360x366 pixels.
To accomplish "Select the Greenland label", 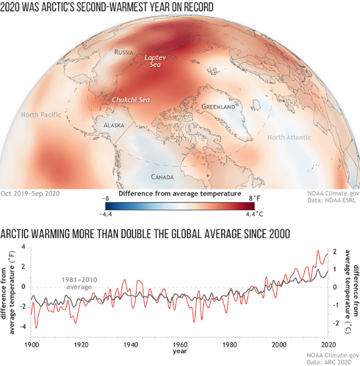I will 218,107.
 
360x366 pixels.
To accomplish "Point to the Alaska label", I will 113,125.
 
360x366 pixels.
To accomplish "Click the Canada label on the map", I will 162,177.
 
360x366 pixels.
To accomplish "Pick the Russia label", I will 124,52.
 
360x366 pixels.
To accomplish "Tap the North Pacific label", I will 41,115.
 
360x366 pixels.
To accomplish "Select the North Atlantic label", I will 289,137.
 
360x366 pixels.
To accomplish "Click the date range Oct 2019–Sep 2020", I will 31,194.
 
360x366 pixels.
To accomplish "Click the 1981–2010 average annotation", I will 75,282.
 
